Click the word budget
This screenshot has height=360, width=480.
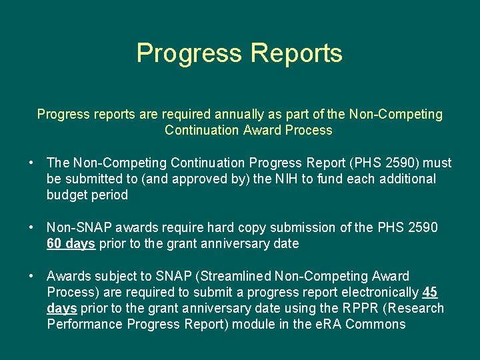[67, 195]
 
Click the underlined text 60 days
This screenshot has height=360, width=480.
[71, 243]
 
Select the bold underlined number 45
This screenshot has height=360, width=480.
[430, 292]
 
